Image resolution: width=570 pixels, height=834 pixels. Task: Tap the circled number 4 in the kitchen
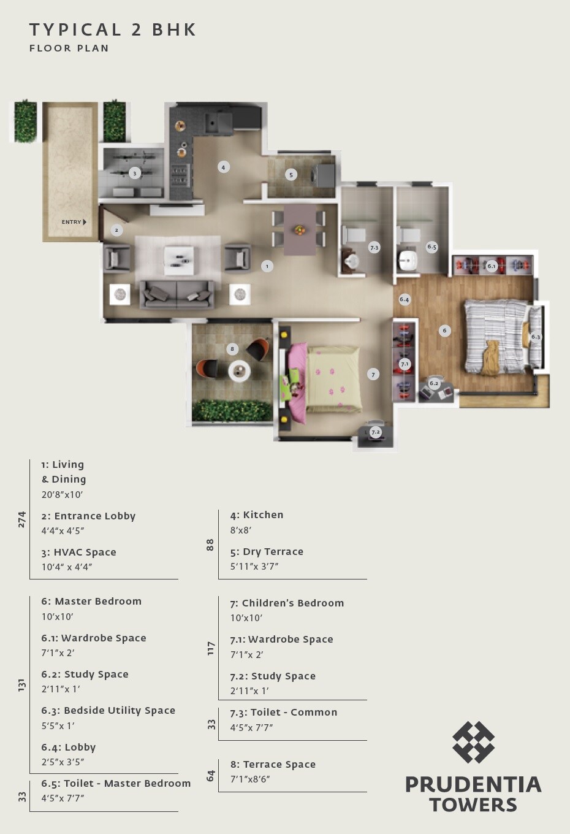[223, 167]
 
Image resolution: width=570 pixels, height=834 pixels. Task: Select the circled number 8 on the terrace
[232, 349]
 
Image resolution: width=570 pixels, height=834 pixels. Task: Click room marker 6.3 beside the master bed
[536, 337]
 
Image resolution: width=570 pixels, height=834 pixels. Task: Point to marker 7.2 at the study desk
[375, 432]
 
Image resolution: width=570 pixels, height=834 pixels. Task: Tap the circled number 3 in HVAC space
[135, 174]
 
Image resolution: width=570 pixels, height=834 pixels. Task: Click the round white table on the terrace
[239, 371]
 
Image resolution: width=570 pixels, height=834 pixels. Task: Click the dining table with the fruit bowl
[300, 229]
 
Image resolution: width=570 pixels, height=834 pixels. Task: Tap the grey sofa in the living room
[177, 294]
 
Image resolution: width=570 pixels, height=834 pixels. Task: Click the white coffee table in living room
[179, 261]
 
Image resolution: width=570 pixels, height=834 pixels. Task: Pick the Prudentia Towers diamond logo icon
[473, 742]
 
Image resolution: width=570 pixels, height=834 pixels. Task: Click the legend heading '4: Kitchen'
[257, 515]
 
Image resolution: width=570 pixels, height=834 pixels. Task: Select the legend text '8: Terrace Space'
[273, 764]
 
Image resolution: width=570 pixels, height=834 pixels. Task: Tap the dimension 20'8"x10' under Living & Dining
[62, 494]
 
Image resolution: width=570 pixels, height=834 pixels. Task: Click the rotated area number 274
[22, 519]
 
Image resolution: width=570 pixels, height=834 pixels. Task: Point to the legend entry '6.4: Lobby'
[69, 747]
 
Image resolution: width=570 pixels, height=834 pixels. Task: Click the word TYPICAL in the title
[75, 29]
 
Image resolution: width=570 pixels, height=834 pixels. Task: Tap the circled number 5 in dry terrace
[291, 175]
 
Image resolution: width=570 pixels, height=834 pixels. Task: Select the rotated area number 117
[211, 648]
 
